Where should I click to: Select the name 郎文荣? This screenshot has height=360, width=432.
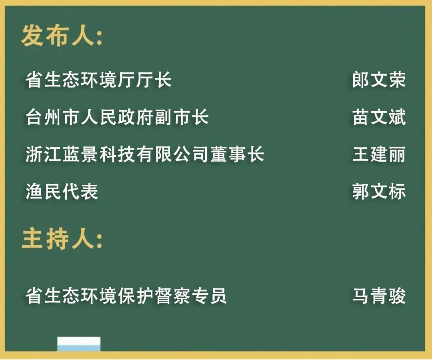(379, 80)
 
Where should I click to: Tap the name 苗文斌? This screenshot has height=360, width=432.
(379, 117)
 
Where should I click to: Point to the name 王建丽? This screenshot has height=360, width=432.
(379, 154)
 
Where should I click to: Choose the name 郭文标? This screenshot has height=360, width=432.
(379, 191)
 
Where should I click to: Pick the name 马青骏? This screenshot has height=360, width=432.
(379, 296)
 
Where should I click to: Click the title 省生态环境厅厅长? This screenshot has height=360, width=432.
(99, 80)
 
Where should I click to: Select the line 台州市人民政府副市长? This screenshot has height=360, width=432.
(117, 117)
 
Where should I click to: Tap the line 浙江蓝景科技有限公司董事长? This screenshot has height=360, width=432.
(145, 154)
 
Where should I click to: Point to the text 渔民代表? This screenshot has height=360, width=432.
(62, 191)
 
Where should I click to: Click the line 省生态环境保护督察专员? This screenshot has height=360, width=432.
(126, 296)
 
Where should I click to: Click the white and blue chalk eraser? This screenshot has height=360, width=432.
(79, 344)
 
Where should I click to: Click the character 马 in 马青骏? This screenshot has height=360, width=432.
(361, 296)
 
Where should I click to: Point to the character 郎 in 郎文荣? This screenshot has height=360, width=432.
(361, 80)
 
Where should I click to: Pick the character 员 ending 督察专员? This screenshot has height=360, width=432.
(218, 296)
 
